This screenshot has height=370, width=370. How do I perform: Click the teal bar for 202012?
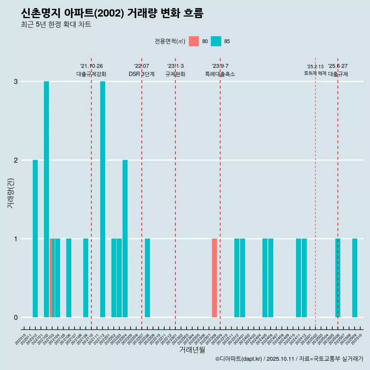(x=35, y=239)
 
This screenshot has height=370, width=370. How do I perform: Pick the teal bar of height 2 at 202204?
(x=125, y=239)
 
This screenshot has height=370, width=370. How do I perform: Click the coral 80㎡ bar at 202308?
(x=214, y=278)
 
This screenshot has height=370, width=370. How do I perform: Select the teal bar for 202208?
(x=147, y=278)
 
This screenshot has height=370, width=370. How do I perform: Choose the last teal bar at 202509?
(x=355, y=278)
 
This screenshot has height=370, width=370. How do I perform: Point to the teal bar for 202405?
(x=265, y=278)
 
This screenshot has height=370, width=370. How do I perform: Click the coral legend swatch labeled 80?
(x=194, y=41)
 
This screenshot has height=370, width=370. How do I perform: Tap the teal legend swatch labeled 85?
(x=216, y=41)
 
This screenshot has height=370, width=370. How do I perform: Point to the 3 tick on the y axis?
(x=16, y=82)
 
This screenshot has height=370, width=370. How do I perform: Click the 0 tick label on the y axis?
(x=16, y=317)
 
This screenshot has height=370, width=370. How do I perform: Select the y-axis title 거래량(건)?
(x=10, y=193)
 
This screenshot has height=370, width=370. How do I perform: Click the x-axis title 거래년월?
(x=192, y=350)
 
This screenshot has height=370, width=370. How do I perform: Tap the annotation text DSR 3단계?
(x=141, y=74)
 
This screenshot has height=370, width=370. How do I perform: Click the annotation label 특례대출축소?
(x=220, y=74)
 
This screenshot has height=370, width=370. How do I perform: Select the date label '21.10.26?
(x=91, y=66)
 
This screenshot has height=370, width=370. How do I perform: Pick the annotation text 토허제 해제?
(x=315, y=73)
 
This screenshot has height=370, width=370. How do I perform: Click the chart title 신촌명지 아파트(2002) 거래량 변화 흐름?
(x=112, y=13)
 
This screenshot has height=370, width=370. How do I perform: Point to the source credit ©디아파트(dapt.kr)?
(x=239, y=359)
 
